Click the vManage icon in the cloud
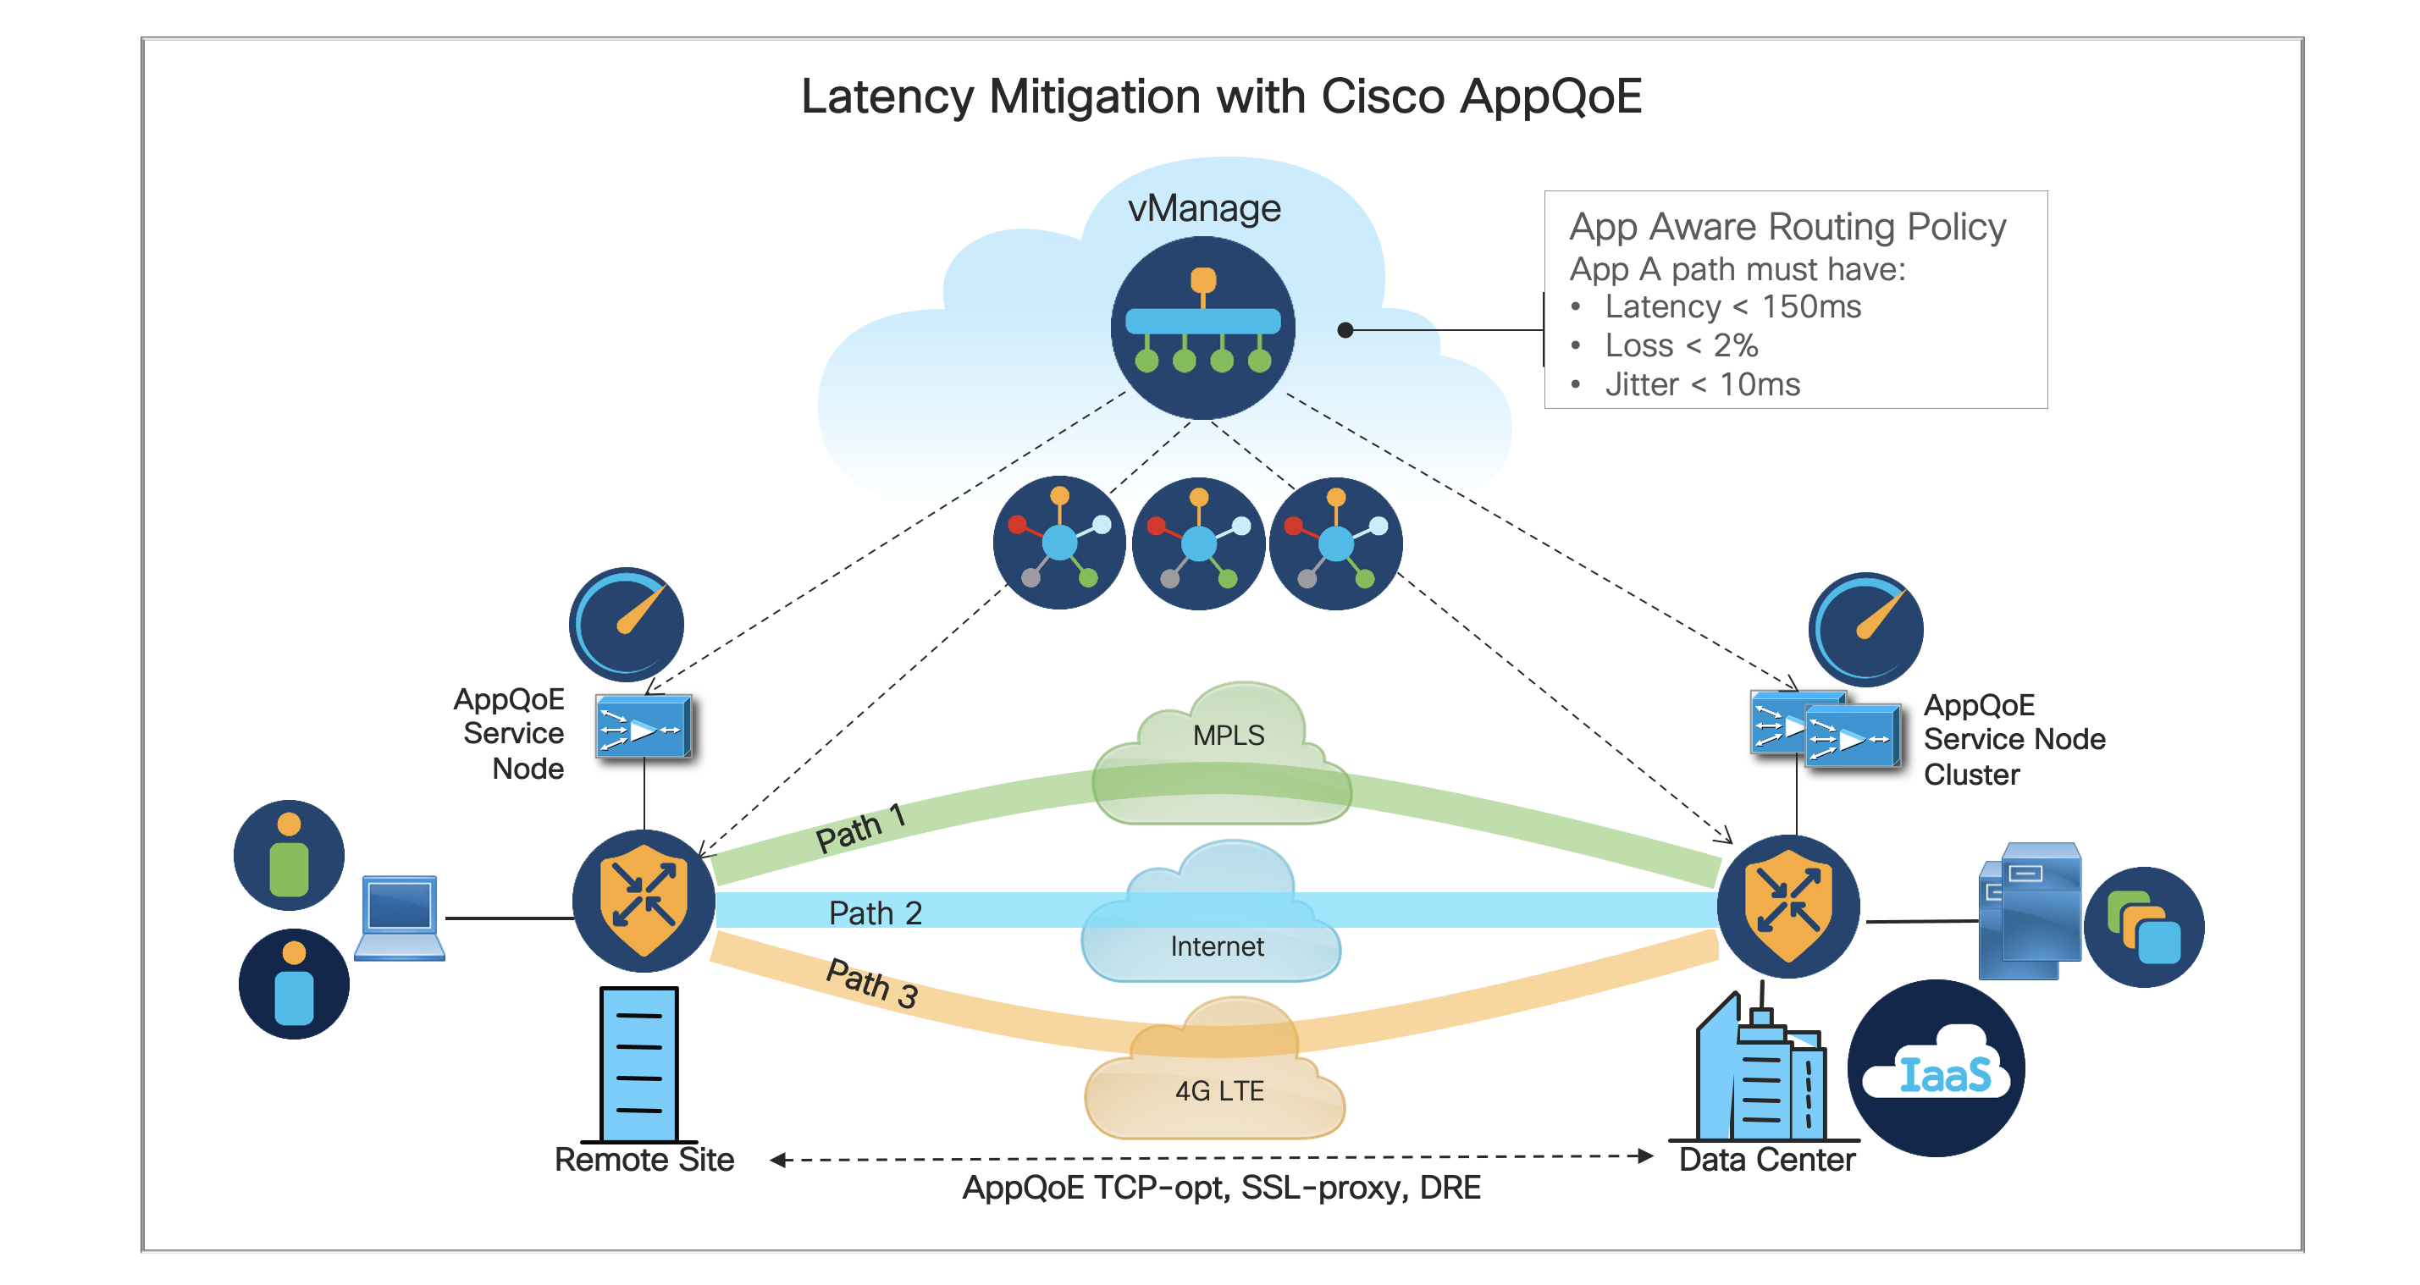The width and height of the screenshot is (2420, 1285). point(1202,327)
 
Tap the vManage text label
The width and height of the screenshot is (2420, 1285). point(1203,207)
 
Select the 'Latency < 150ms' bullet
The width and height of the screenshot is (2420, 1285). point(1732,306)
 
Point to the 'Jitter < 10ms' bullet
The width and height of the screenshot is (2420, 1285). point(1701,384)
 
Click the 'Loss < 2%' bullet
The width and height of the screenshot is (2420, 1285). point(1681,345)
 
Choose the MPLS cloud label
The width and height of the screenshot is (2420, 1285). point(1228,735)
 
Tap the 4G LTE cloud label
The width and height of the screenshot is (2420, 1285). point(1219,1090)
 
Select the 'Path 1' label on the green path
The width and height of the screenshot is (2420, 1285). point(859,828)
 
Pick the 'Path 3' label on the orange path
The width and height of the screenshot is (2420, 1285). point(872,983)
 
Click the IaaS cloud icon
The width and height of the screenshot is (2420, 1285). point(1937,1068)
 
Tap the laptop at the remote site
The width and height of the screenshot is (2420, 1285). point(400,918)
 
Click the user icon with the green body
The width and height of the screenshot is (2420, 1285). point(290,855)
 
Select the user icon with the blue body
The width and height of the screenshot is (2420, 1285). point(294,984)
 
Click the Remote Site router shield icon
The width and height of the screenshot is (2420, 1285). point(644,901)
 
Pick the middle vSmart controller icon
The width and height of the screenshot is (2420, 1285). point(1198,543)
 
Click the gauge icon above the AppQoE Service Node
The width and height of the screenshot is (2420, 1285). point(626,624)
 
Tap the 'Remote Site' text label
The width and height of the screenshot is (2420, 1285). point(644,1160)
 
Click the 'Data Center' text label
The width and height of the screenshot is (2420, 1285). point(1766,1160)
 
